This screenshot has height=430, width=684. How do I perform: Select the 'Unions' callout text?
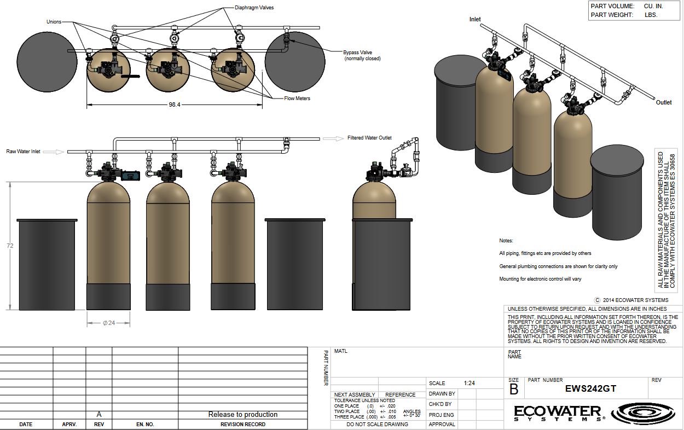pos(54,22)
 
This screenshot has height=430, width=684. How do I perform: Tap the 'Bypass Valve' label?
pos(358,53)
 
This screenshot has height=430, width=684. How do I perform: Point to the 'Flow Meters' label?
pos(297,98)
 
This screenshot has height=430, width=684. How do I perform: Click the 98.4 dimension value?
pos(175,104)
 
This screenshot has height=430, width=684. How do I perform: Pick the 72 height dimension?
pos(10,246)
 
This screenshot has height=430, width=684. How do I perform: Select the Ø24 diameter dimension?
pos(108,323)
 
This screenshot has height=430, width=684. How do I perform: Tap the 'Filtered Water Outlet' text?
pos(369,138)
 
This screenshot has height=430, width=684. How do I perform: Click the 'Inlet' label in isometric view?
pos(475,19)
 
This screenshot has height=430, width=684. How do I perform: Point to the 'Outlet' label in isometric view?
pos(664,102)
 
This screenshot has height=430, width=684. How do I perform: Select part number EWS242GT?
pos(590,389)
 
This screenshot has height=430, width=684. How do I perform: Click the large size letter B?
pos(514,389)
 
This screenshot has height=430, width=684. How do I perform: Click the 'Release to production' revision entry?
pos(242,414)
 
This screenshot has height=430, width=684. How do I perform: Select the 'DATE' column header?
pos(26,424)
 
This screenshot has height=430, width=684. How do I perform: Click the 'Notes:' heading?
pos(506,241)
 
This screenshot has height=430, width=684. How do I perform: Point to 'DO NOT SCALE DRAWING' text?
pos(377,424)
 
